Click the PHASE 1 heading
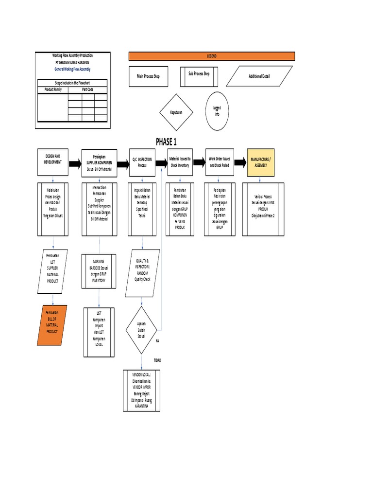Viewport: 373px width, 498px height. [167, 142]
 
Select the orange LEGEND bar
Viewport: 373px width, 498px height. [212, 56]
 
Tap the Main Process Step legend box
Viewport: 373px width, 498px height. [151, 76]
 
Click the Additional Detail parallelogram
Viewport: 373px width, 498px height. [259, 76]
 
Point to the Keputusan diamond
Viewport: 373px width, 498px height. [176, 112]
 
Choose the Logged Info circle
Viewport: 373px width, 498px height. [217, 111]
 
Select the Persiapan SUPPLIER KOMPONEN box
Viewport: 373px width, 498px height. [99, 161]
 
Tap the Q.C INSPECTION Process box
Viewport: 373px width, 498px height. [142, 161]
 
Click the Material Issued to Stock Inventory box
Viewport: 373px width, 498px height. [180, 161]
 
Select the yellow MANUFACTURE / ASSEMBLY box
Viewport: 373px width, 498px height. [261, 161]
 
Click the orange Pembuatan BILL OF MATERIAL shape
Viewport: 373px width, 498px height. [52, 324]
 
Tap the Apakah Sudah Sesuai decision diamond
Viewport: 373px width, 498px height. [142, 330]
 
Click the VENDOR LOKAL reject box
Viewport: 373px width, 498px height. [142, 390]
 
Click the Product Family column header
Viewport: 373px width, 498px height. [53, 89]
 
